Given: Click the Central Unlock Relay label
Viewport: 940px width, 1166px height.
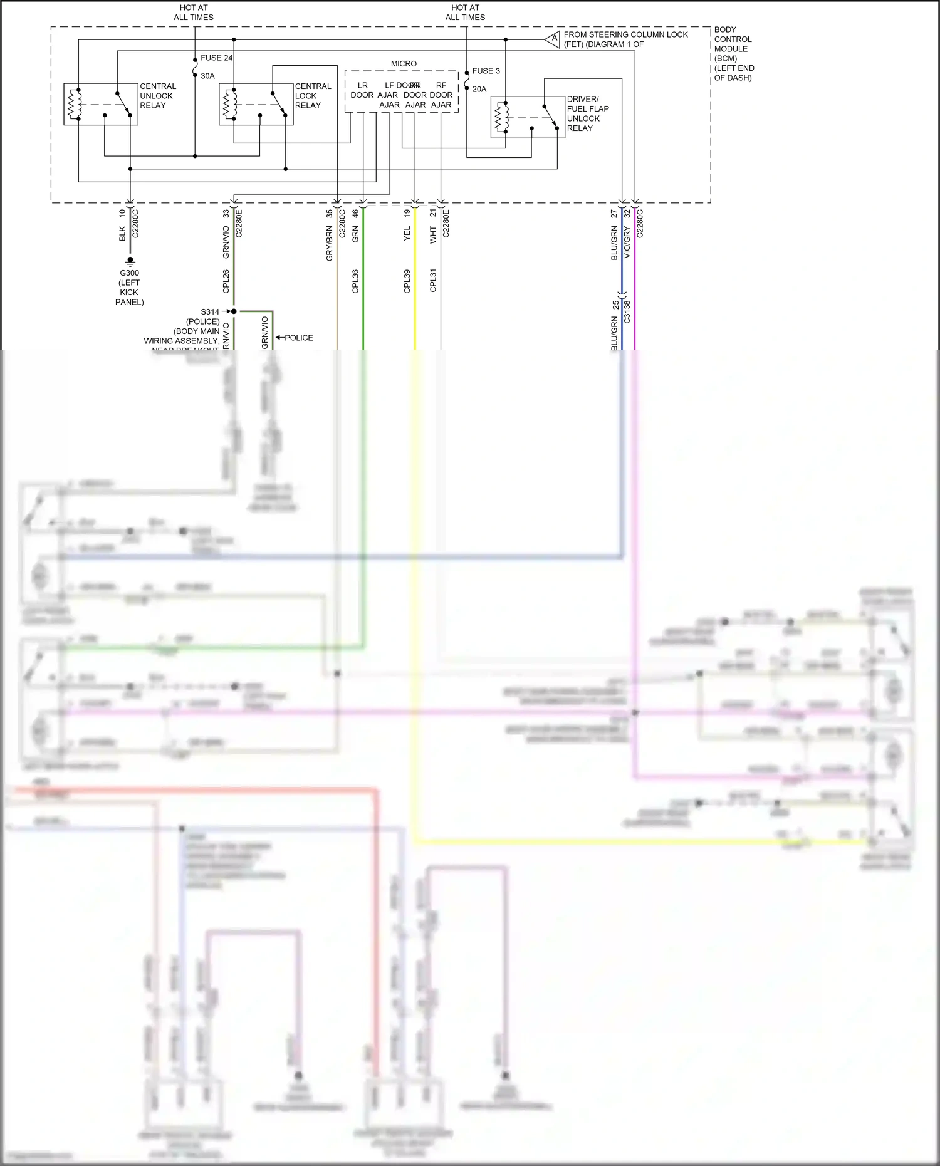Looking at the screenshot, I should point(157,96).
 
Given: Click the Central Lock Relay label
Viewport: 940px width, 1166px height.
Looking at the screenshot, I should point(313,96).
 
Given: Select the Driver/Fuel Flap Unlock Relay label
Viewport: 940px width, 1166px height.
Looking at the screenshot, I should point(587,113).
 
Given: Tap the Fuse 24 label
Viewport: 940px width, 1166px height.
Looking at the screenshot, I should point(216,58).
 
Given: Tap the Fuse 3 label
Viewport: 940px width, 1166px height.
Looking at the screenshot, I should point(486,71).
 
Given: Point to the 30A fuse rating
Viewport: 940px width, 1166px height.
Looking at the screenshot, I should point(207,76).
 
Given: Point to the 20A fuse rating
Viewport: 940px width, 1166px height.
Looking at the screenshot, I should point(479,89).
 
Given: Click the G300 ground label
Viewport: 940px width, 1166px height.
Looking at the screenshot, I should point(130,273).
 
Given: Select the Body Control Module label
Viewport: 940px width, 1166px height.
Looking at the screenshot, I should point(733,53).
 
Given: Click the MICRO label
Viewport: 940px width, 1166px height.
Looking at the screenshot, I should point(404,64).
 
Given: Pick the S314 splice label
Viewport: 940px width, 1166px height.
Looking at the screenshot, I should point(210,311).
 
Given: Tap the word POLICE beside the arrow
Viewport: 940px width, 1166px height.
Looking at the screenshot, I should point(299,338).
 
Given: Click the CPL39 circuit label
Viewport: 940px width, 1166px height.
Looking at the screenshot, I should point(407,281).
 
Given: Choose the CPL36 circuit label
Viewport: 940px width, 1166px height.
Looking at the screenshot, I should point(355,281).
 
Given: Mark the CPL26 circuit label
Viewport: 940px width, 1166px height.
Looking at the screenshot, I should point(226,281).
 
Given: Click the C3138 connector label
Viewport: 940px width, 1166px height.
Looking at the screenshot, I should point(627,311).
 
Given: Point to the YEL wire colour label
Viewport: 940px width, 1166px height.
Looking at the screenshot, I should point(407,234).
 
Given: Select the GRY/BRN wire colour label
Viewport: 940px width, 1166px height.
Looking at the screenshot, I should point(329,244).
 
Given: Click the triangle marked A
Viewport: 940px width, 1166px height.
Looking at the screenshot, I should point(553,39).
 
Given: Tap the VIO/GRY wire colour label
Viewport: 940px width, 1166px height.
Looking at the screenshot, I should point(627,243).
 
